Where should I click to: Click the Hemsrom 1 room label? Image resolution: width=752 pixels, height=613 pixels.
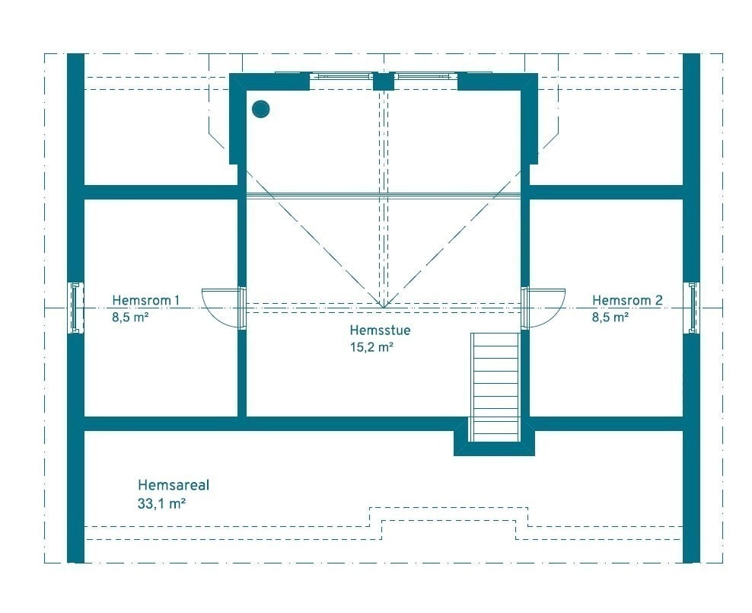coord(146,300)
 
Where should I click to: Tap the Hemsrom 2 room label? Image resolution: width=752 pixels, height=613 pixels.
coord(627,300)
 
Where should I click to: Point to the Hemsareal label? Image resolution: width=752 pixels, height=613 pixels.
coord(174,484)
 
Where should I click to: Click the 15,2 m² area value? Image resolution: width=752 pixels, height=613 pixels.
coord(371,347)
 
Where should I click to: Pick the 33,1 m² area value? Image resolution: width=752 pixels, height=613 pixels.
coord(162,503)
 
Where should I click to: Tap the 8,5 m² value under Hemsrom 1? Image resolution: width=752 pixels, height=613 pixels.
coord(130,318)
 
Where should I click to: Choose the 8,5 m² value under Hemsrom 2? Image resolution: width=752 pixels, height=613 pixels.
coord(610,318)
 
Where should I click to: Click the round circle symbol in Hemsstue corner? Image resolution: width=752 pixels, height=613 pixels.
coord(261,109)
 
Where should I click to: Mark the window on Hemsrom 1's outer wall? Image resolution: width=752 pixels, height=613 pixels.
coord(76,308)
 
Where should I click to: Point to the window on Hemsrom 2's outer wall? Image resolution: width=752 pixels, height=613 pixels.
coord(693,308)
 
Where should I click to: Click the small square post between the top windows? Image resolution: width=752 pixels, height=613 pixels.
coord(384,81)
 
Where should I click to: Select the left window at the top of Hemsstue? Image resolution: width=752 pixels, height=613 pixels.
coord(341,75)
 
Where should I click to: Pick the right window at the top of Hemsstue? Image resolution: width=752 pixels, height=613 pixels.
coord(426,75)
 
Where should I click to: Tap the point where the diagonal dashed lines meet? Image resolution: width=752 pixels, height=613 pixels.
coord(384,306)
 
